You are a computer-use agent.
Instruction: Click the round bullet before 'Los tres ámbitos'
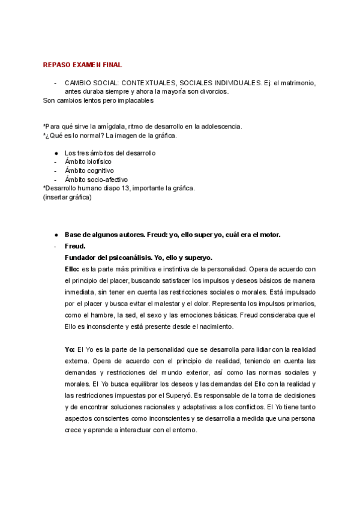pos(56,153)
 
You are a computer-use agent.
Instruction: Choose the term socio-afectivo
pos(107,179)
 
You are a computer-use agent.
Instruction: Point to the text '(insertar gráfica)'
pos(68,197)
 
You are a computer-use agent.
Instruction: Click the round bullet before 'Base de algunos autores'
pos(56,235)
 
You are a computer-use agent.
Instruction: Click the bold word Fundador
pos(83,258)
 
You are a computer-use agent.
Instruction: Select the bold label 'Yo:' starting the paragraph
pos(70,349)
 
